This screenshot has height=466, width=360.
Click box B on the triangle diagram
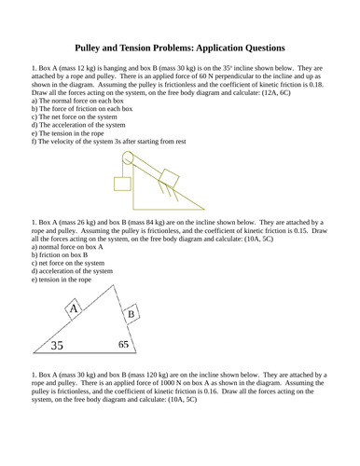pos(132,316)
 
